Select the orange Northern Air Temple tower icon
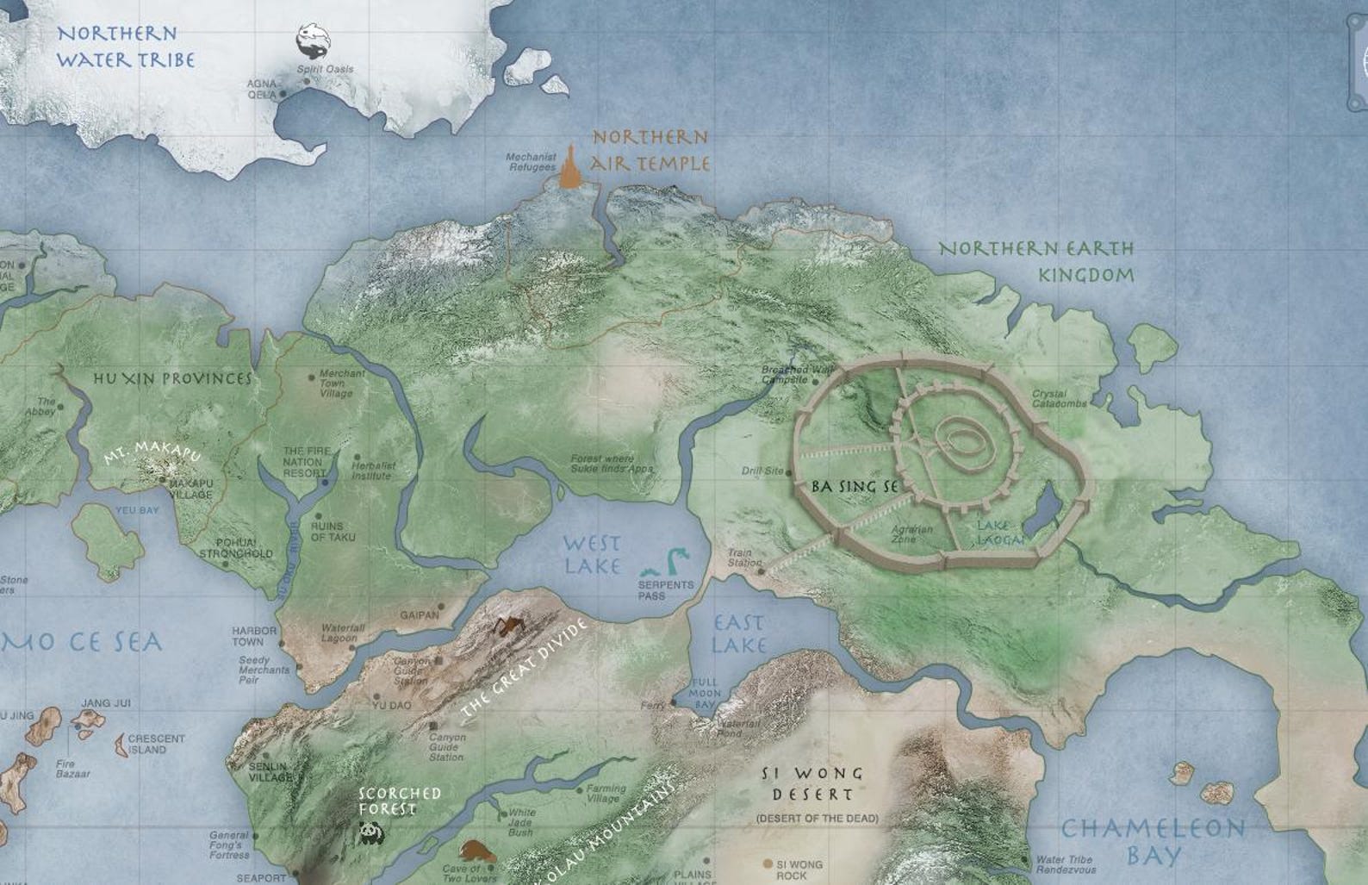click(569, 168)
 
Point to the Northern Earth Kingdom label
click(1036, 262)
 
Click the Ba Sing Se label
click(855, 487)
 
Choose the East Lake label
click(739, 633)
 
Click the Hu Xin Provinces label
click(173, 379)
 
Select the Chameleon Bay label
click(1153, 841)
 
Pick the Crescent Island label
click(156, 744)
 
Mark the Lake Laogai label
click(1002, 533)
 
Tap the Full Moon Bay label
click(706, 694)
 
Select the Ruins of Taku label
click(326, 531)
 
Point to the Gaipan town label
click(420, 615)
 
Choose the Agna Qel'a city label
click(262, 89)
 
